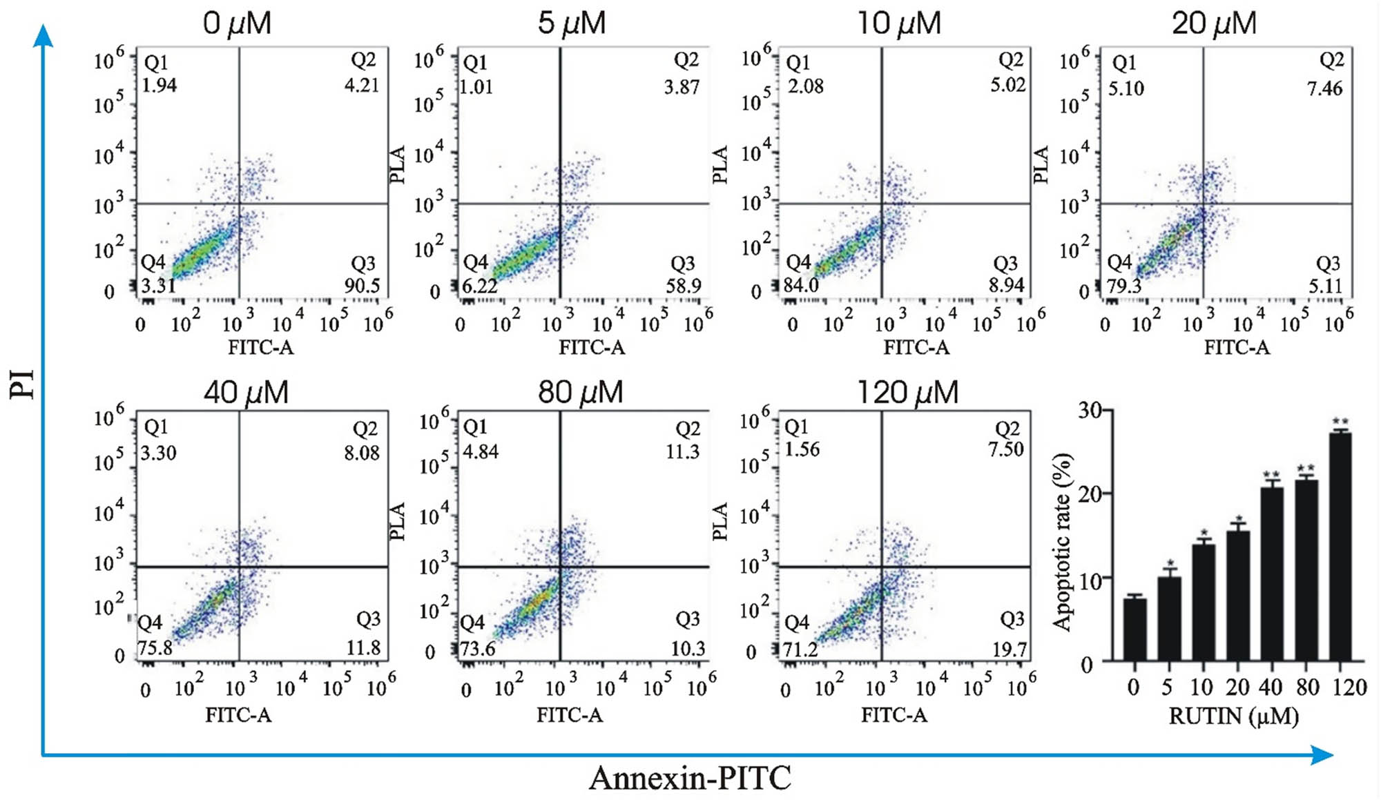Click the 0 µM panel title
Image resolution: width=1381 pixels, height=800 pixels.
click(237, 23)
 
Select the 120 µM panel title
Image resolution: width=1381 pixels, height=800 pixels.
click(907, 393)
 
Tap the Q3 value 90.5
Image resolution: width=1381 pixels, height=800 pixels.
click(362, 285)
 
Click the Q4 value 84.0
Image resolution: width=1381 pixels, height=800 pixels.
click(801, 284)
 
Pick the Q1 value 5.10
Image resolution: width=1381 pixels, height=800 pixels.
click(1126, 88)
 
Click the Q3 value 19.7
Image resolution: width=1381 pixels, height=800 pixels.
click(1009, 650)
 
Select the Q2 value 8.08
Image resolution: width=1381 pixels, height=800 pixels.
click(362, 453)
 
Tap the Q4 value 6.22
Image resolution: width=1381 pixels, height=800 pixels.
click(479, 285)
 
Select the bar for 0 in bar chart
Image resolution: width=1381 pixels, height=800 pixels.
click(1134, 630)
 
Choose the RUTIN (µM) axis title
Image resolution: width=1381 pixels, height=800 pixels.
click(1233, 716)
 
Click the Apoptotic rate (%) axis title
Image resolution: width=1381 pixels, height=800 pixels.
click(1063, 542)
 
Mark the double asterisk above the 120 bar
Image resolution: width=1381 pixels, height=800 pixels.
click(1340, 422)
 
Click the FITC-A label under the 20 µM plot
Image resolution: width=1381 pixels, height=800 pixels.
click(1237, 347)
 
